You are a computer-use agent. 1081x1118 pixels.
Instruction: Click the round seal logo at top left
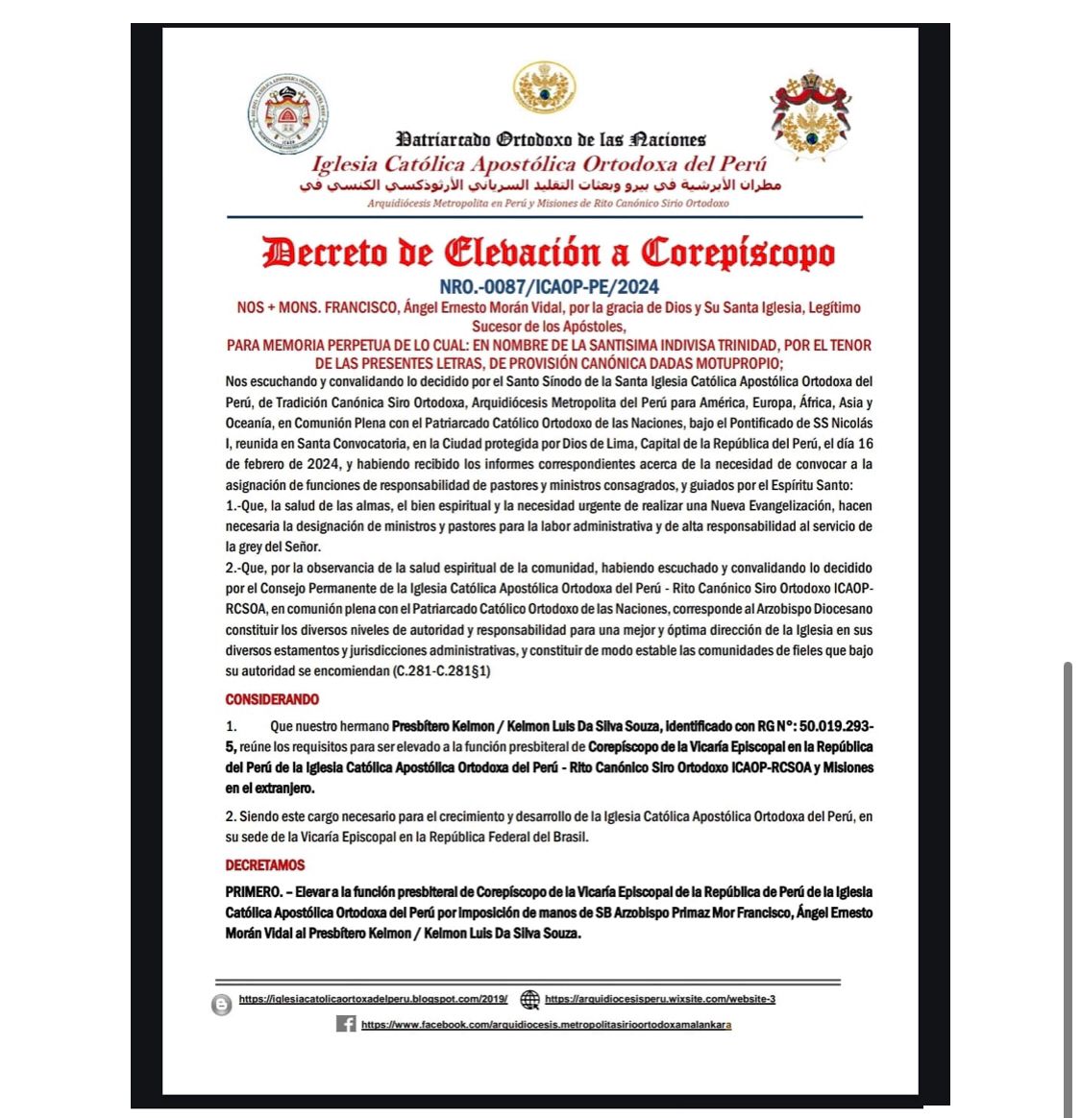point(288,115)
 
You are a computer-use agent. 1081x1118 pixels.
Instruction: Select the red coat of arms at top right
point(811,113)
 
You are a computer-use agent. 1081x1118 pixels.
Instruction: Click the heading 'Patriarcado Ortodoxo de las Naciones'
point(551,140)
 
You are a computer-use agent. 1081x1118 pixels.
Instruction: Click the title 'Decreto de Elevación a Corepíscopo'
point(549,253)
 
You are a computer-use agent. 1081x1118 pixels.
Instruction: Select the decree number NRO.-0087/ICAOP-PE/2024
point(549,286)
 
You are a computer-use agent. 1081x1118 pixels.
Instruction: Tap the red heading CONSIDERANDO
point(272,699)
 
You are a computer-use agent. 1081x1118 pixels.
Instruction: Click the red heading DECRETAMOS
point(265,864)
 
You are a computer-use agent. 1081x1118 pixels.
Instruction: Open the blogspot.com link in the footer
point(373,999)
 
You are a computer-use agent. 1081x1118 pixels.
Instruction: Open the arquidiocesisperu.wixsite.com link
point(660,999)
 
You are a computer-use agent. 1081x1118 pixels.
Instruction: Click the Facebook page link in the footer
point(546,1025)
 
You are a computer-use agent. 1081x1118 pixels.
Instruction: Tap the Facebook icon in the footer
point(346,1024)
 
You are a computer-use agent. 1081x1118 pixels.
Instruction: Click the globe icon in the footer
point(529,1000)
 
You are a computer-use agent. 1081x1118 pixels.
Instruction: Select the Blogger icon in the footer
point(222,1005)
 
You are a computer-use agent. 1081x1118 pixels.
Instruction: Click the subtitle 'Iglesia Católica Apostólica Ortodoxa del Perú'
point(539,164)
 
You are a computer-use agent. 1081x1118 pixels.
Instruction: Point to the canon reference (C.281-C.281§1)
point(441,670)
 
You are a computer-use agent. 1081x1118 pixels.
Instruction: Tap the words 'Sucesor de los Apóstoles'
point(549,327)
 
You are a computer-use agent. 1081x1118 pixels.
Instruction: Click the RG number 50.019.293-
point(836,726)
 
